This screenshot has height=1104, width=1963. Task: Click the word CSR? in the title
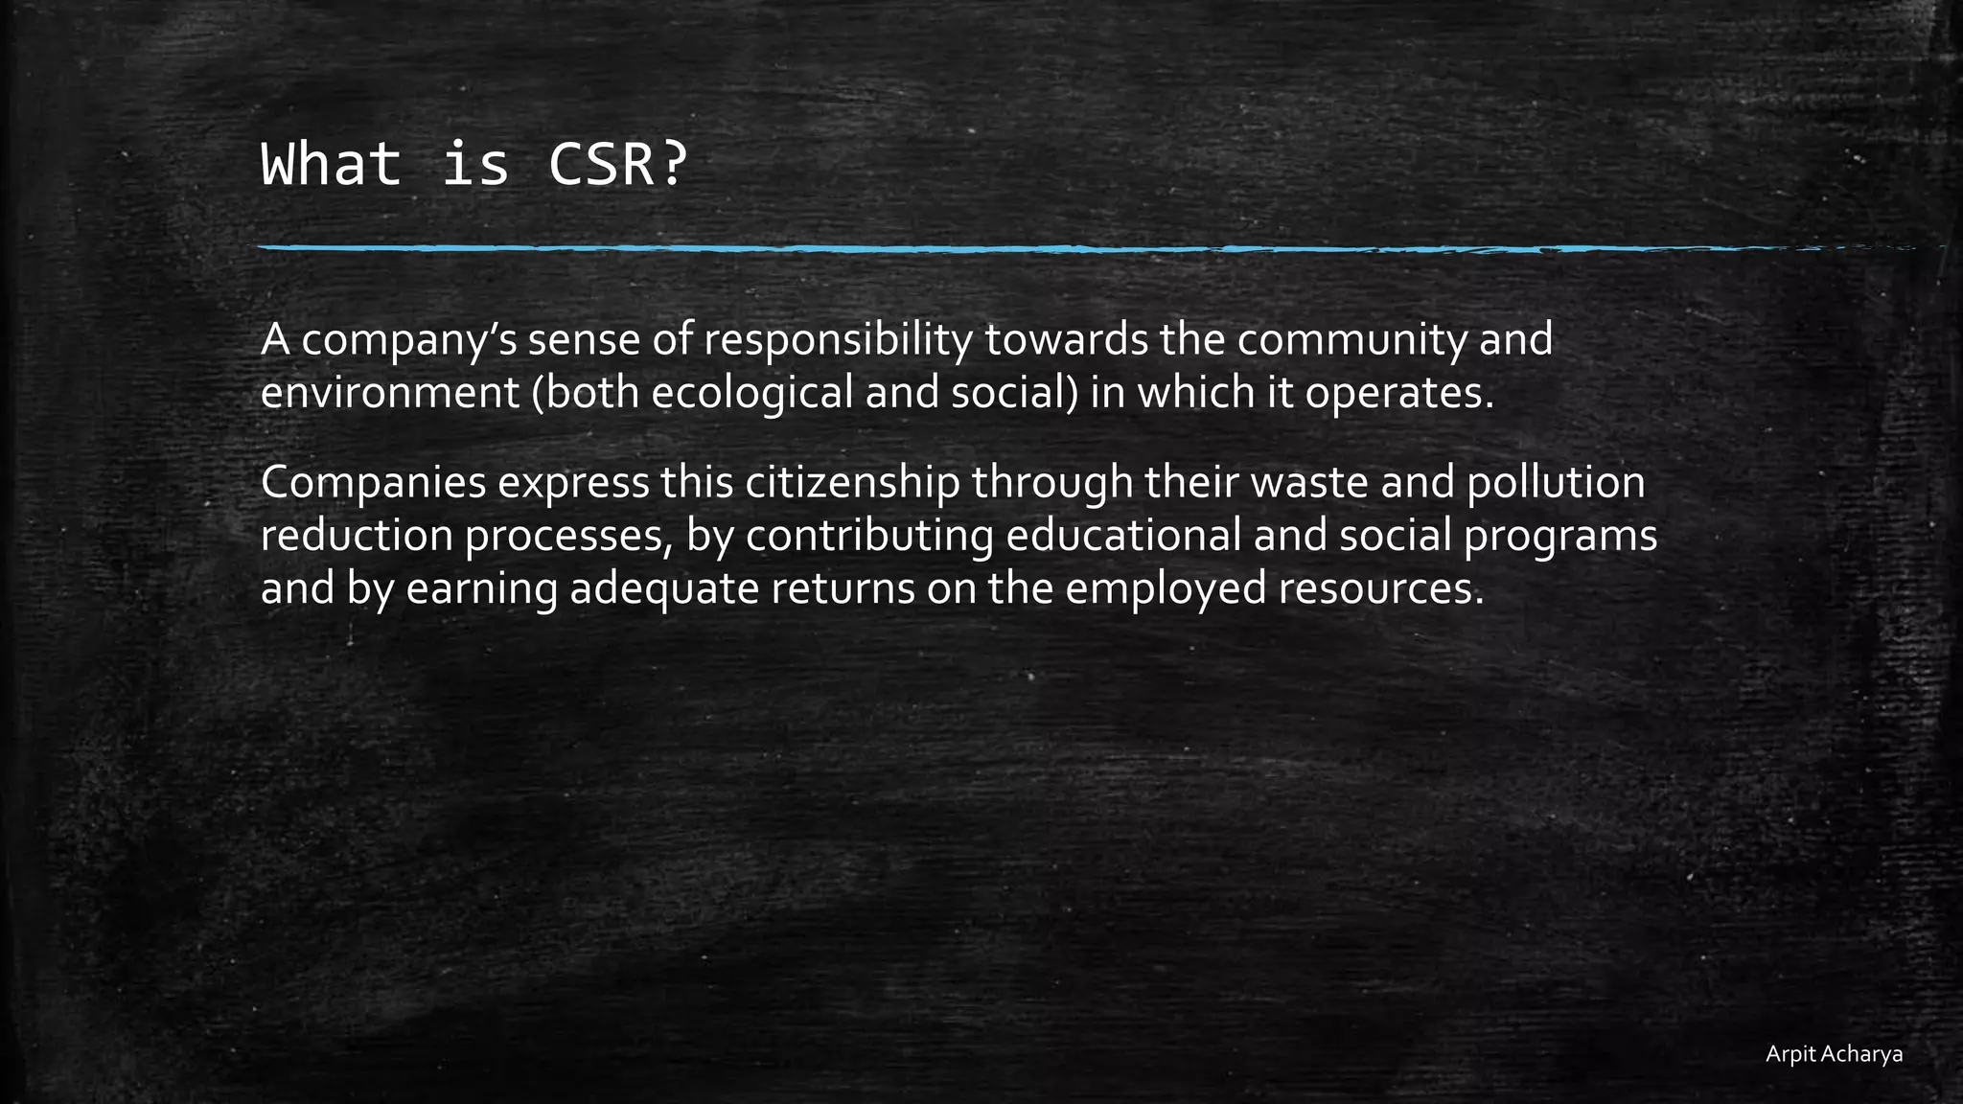point(617,164)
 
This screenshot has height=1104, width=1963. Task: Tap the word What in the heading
point(331,164)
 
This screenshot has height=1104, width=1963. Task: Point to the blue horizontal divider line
point(958,248)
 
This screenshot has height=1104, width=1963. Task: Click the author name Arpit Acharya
point(1834,1054)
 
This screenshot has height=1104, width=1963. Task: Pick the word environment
point(389,393)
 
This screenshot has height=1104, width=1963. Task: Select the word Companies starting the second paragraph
point(373,483)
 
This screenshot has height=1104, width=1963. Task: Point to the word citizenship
point(852,483)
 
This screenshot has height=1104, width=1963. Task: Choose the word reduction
point(357,536)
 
